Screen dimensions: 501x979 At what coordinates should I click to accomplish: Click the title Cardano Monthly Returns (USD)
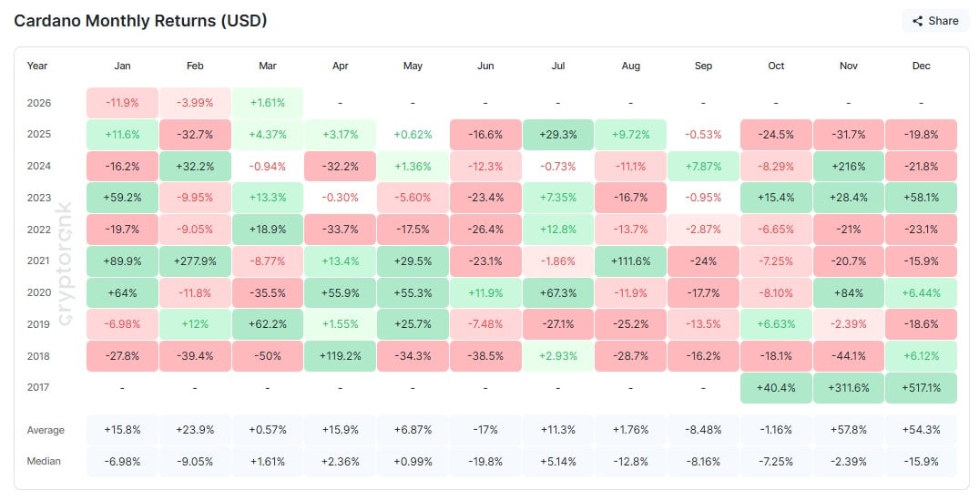pyautogui.click(x=140, y=20)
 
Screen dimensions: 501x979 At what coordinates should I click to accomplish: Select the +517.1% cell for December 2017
pyautogui.click(x=921, y=387)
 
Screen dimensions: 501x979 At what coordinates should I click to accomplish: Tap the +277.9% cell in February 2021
pyautogui.click(x=194, y=261)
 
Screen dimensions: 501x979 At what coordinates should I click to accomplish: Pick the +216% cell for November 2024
pyautogui.click(x=849, y=166)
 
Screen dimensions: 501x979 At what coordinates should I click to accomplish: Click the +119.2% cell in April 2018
pyautogui.click(x=339, y=355)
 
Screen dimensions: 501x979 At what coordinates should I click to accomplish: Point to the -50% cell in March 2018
pyautogui.click(x=267, y=355)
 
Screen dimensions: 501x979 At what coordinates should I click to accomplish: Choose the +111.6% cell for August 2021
pyautogui.click(x=630, y=261)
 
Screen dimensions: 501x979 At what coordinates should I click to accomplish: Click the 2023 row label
pyautogui.click(x=38, y=198)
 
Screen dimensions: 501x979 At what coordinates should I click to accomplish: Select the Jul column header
pyautogui.click(x=557, y=66)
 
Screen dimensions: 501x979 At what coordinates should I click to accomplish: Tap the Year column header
pyautogui.click(x=37, y=66)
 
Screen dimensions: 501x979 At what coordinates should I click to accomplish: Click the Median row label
pyautogui.click(x=44, y=461)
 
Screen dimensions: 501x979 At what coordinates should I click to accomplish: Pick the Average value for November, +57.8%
pyautogui.click(x=849, y=429)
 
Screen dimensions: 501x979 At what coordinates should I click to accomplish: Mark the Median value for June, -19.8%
pyautogui.click(x=485, y=461)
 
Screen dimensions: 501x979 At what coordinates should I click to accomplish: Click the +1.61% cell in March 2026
pyautogui.click(x=267, y=103)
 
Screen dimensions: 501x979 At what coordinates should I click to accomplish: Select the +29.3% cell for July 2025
pyautogui.click(x=557, y=135)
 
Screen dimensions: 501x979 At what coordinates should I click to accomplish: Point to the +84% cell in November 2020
pyautogui.click(x=849, y=292)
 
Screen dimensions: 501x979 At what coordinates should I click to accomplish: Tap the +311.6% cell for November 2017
pyautogui.click(x=849, y=387)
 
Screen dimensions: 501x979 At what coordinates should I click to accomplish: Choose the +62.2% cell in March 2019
pyautogui.click(x=267, y=323)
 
